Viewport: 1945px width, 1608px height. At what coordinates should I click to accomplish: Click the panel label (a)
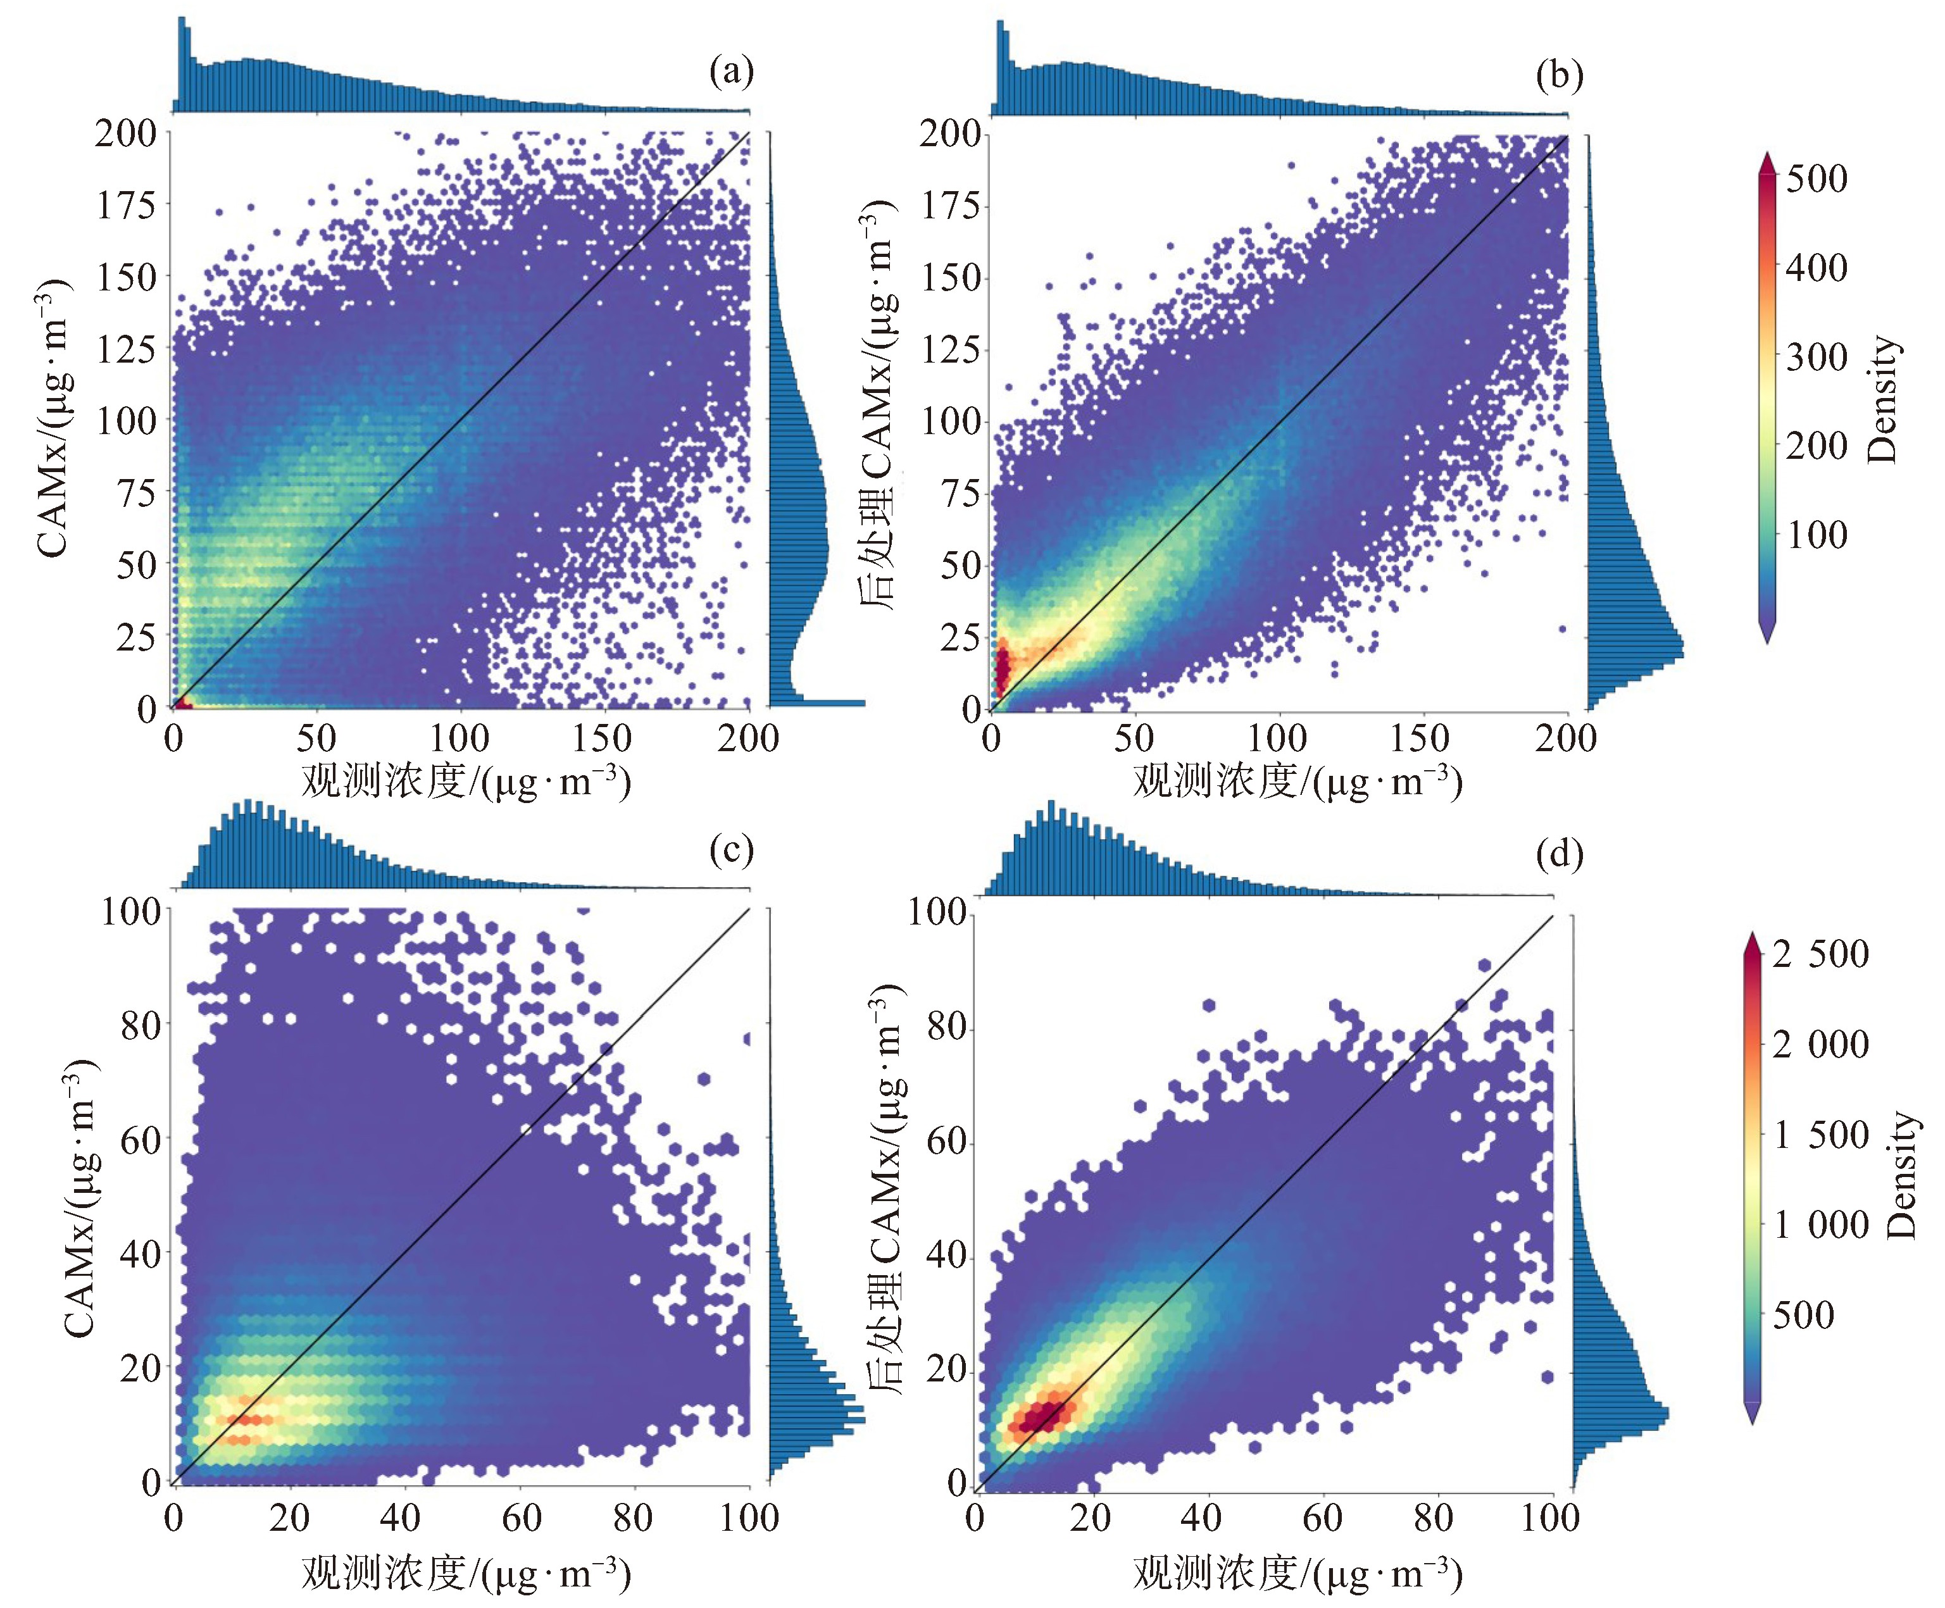click(x=731, y=72)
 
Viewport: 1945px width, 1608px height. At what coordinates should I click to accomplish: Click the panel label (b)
click(x=1559, y=74)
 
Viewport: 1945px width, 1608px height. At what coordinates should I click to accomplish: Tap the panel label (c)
click(x=731, y=849)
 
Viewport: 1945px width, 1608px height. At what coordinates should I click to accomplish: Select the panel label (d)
click(x=1559, y=853)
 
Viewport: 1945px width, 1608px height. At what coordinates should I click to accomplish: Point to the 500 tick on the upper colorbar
click(x=1815, y=178)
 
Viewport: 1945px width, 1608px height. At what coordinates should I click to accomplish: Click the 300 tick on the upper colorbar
click(x=1815, y=357)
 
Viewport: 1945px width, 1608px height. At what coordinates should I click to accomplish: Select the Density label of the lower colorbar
click(x=1901, y=1175)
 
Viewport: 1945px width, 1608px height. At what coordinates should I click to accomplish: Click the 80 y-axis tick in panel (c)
click(x=140, y=1025)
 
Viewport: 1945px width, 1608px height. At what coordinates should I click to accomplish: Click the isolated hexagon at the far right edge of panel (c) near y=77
click(x=746, y=1039)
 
